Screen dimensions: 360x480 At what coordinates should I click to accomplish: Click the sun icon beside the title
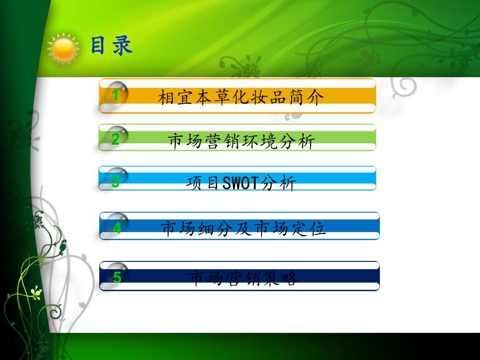[x=64, y=47]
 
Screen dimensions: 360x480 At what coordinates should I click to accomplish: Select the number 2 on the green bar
[x=116, y=139]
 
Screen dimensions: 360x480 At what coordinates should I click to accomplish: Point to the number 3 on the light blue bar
[x=116, y=182]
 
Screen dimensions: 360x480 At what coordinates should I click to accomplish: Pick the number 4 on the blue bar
[x=117, y=228]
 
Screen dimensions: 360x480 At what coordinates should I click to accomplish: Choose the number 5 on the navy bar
[x=117, y=278]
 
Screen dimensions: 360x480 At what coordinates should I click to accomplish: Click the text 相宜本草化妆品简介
[x=241, y=98]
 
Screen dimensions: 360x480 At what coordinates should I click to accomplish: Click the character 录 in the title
[x=123, y=45]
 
